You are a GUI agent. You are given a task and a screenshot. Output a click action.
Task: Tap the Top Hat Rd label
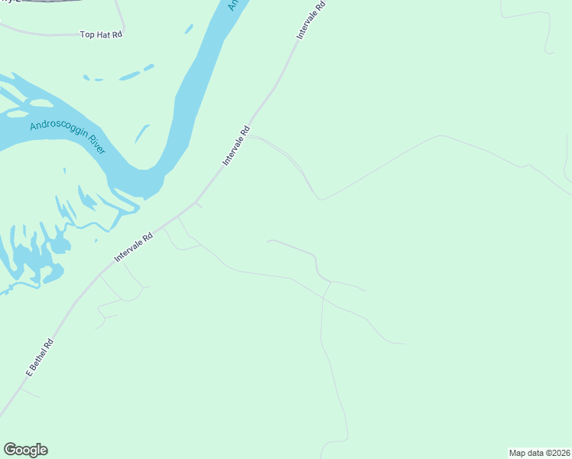coord(102,34)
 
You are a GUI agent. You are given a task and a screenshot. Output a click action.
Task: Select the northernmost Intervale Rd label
coord(312,21)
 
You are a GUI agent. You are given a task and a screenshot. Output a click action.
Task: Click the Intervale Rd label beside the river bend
coord(236,145)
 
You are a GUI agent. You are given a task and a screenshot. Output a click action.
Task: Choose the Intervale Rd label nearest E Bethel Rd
coord(134,249)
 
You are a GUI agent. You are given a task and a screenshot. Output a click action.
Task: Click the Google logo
coord(25,450)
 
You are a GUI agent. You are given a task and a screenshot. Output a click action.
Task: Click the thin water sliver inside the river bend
coord(142,135)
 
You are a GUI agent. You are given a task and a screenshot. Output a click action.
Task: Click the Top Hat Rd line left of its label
coord(38,34)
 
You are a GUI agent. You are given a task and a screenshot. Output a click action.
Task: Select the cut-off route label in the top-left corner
coord(11,2)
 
